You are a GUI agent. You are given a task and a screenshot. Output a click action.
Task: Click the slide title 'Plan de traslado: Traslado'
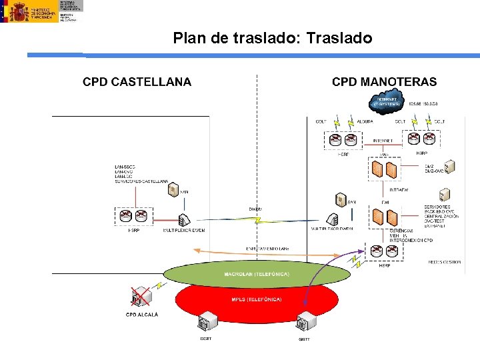coord(272,38)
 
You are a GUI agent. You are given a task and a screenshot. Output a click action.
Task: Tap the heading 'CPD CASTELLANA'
coord(137,82)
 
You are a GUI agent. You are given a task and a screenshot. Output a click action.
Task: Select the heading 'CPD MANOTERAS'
coord(384,82)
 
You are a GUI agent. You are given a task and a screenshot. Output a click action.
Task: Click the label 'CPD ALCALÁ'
coord(142,315)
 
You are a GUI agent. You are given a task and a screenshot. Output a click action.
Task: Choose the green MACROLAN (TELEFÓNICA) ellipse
coord(257,274)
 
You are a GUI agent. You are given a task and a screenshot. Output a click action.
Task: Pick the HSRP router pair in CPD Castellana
coord(133,215)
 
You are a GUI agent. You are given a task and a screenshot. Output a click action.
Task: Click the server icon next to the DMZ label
coord(450,165)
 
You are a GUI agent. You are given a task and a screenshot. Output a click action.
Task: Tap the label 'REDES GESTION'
coord(445,262)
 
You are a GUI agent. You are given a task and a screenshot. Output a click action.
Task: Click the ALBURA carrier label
coord(365,121)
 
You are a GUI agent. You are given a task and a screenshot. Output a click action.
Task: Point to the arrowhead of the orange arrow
coord(195,250)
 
